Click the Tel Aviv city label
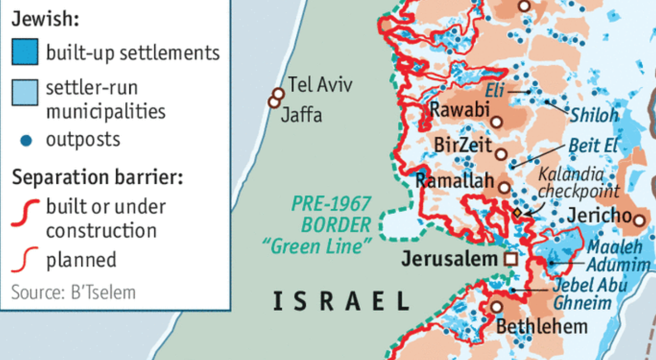coord(320,84)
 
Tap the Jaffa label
coord(301,114)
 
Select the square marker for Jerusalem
coord(511,259)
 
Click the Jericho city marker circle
coord(639,218)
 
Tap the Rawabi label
coord(459,110)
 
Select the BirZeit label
coord(463,145)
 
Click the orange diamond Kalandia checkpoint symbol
coord(516,213)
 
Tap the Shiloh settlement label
coord(594,114)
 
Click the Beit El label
coord(591,145)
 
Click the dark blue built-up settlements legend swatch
coord(25,52)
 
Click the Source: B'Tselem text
coord(73,292)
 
